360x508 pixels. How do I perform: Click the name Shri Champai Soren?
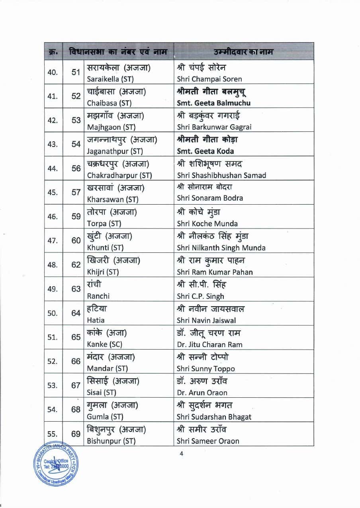click(x=209, y=79)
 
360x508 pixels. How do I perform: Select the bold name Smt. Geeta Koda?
click(x=205, y=151)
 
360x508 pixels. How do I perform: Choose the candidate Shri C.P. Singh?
click(x=200, y=296)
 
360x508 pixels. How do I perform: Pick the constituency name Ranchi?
click(x=98, y=296)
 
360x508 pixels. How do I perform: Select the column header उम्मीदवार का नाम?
click(x=243, y=52)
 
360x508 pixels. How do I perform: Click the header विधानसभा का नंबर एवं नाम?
click(x=117, y=52)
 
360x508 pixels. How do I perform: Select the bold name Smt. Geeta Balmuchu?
click(x=214, y=103)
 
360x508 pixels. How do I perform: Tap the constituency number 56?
click(x=76, y=168)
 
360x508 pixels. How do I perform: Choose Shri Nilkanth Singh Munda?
click(x=221, y=248)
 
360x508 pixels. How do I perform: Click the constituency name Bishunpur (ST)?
click(x=111, y=441)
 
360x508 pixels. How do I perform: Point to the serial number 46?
click(x=53, y=217)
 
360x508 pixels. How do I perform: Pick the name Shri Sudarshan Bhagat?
click(x=214, y=417)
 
